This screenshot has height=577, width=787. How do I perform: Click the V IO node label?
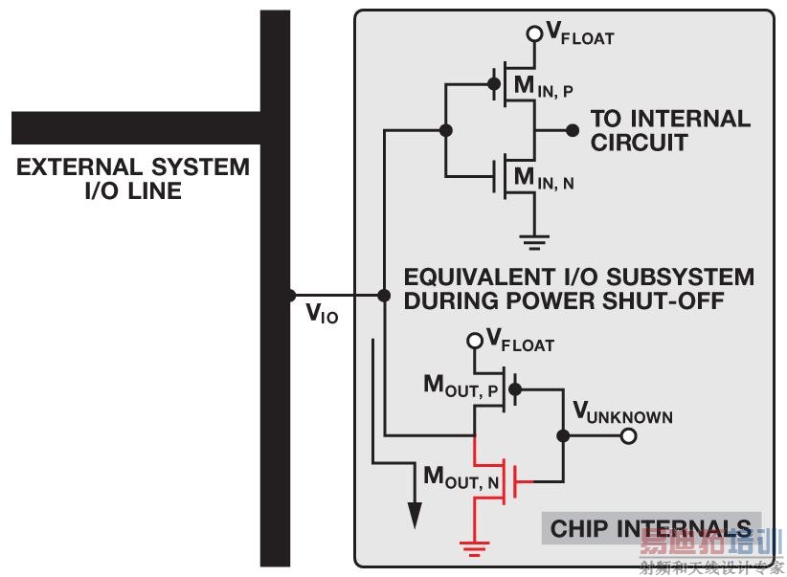click(321, 313)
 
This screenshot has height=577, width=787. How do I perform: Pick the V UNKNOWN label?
click(622, 413)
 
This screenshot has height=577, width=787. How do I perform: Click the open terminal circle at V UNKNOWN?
click(628, 436)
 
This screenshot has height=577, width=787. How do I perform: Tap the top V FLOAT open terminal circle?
click(534, 34)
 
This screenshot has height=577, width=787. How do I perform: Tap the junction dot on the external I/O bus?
click(291, 296)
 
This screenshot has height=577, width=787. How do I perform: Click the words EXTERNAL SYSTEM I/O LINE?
click(133, 179)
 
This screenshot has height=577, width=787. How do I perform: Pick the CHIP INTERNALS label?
click(651, 527)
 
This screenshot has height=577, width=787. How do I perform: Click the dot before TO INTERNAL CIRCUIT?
click(573, 130)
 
